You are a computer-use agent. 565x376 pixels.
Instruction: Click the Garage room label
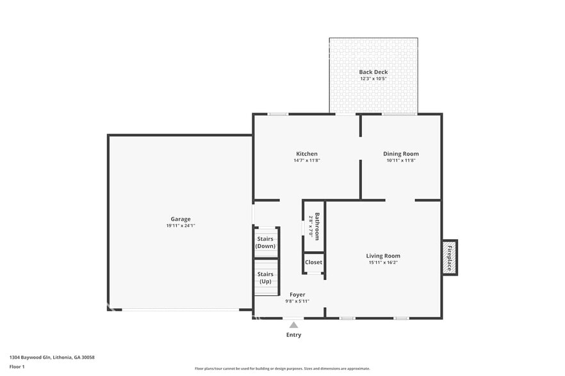(180, 219)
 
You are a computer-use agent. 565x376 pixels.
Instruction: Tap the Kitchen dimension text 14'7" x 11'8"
(306, 161)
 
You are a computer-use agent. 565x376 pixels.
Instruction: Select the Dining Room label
(401, 153)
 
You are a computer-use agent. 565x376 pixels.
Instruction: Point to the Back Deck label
(373, 72)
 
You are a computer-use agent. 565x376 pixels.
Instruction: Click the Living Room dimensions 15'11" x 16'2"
(383, 263)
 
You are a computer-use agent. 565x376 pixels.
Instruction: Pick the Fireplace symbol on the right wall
(449, 258)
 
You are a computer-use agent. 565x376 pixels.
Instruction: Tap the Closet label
(313, 262)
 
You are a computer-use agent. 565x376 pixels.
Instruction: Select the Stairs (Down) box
(265, 242)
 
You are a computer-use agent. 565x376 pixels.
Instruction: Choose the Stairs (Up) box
(265, 278)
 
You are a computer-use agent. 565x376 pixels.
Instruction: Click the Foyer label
(297, 295)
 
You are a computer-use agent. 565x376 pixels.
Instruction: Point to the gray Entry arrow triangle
(293, 325)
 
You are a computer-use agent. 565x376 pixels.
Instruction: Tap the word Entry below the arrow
(293, 335)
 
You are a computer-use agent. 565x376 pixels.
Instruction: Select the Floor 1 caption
(17, 366)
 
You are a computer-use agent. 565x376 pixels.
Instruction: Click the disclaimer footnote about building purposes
(282, 368)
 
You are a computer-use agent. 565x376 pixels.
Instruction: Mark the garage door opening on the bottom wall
(181, 310)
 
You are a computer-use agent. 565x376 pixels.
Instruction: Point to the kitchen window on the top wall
(277, 114)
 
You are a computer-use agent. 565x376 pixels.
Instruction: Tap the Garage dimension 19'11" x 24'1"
(180, 226)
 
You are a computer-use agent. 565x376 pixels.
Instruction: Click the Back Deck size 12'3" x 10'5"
(373, 79)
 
